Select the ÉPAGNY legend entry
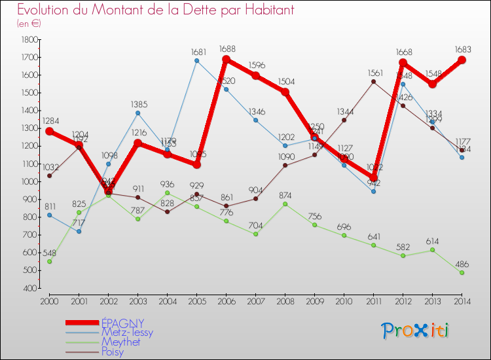122,323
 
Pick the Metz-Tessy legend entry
127,333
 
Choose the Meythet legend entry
121,342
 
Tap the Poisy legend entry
113,352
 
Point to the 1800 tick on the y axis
29,40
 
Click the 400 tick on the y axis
29,288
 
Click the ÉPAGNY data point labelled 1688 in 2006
226,60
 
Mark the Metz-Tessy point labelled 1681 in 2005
196,61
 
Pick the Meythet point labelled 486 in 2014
462,272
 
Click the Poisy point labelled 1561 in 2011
373,82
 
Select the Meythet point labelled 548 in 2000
49,261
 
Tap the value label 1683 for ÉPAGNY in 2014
462,48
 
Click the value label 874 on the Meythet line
285,194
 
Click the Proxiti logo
416,331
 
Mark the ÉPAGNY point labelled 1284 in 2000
49,131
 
